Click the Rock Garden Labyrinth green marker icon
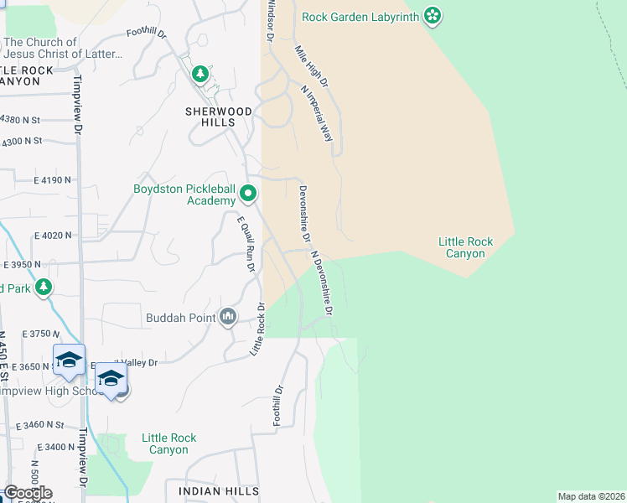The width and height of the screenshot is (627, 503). pos(433,15)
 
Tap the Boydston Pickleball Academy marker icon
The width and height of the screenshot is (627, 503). pos(248,194)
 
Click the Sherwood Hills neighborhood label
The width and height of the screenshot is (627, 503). pos(219,117)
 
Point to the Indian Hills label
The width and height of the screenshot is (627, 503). pos(219,490)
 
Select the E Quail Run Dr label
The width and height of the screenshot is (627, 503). pos(246,244)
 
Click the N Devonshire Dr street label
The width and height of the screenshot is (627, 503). pos(323,283)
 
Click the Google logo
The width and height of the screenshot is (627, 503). pos(28,493)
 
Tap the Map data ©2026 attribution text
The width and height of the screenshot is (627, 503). pos(592,496)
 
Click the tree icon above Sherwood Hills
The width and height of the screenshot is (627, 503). pos(199,75)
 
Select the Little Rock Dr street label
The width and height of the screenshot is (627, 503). pos(257,329)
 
